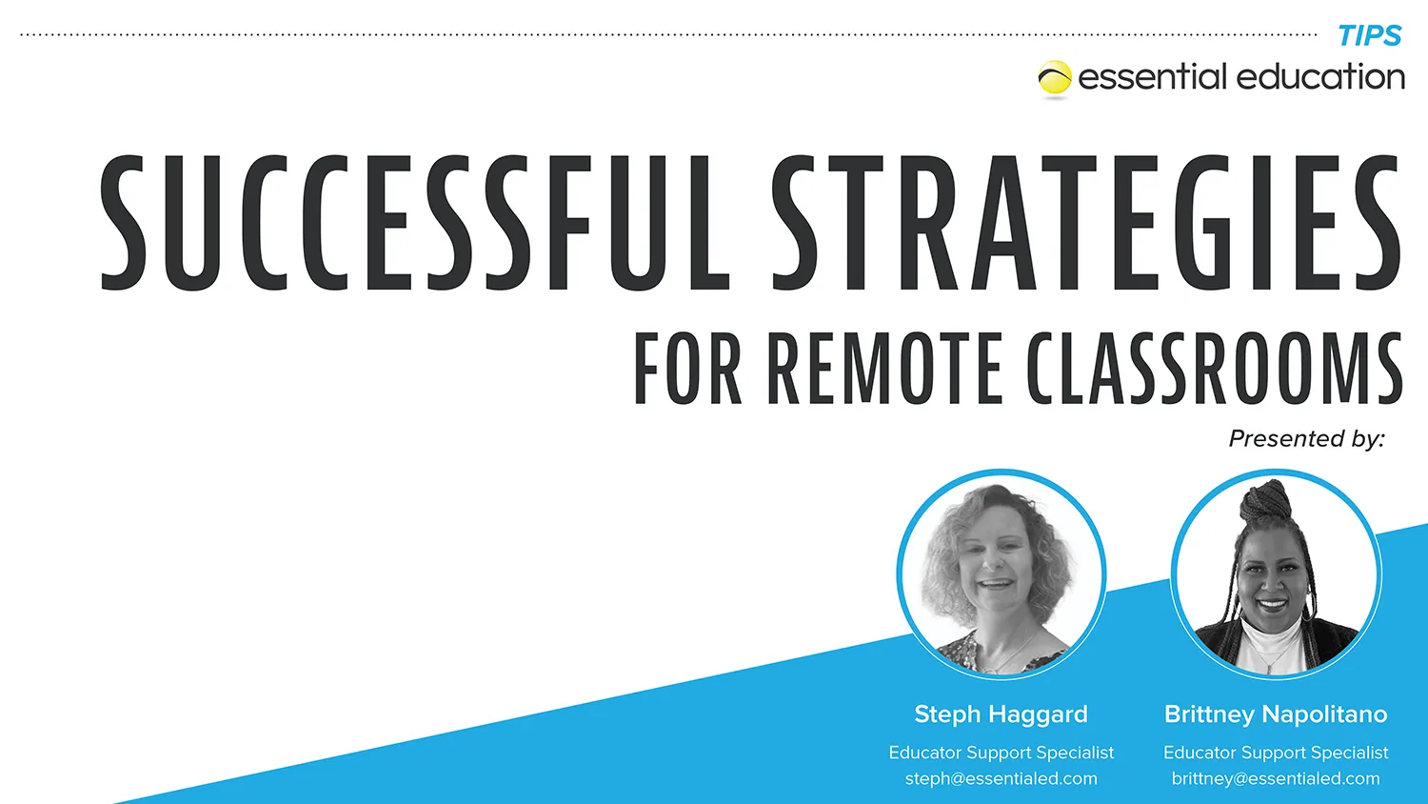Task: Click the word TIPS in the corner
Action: click(x=1369, y=36)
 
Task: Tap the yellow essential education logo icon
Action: click(x=1055, y=79)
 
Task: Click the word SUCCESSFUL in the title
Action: click(x=414, y=223)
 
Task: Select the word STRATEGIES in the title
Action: click(x=1085, y=223)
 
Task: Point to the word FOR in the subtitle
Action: click(x=687, y=369)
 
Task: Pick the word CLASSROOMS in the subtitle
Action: click(x=1214, y=369)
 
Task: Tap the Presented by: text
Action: click(x=1306, y=439)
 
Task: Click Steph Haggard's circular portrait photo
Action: click(x=1002, y=573)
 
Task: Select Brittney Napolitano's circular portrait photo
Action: click(x=1276, y=573)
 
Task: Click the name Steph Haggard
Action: click(x=1001, y=714)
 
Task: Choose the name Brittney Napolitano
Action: click(x=1276, y=714)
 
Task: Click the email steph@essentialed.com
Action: click(x=1001, y=779)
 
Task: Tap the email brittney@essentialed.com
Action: click(x=1276, y=779)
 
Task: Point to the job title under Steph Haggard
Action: click(x=1001, y=753)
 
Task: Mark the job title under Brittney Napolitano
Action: click(x=1276, y=753)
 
